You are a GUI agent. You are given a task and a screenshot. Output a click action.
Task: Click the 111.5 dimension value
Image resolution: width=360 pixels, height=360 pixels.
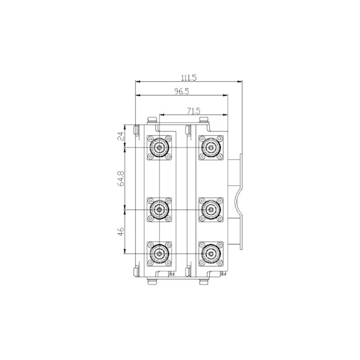[189, 77]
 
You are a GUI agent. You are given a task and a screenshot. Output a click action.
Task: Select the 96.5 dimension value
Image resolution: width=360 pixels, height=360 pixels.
[182, 91]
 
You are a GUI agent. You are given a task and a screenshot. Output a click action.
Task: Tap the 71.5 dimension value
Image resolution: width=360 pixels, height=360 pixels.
[193, 111]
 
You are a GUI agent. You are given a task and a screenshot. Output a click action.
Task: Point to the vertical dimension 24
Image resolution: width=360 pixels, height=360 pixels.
[121, 136]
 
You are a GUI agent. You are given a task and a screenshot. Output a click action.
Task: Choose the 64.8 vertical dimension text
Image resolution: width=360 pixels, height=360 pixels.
[121, 178]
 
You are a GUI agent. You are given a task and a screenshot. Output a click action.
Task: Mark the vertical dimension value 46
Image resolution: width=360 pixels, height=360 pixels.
[121, 231]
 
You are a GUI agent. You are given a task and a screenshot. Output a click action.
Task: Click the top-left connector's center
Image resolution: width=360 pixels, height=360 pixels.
[159, 148]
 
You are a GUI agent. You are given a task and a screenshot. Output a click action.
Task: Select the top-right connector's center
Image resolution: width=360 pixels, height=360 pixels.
[211, 148]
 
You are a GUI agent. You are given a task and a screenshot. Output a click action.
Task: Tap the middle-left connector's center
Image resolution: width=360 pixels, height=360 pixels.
[159, 210]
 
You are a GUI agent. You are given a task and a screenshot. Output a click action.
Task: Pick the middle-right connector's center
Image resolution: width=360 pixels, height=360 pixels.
[211, 210]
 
